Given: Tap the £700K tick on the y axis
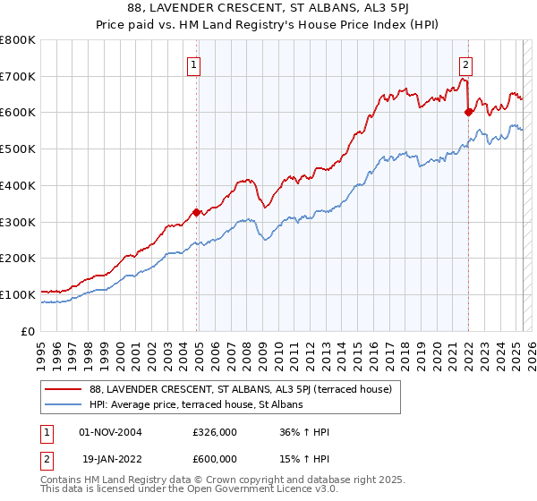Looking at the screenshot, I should (x=19, y=76).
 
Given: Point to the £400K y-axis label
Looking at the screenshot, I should (x=19, y=185).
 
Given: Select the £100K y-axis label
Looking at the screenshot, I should (x=19, y=294).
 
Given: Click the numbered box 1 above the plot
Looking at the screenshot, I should (x=193, y=64).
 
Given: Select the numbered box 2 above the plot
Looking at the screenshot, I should (x=466, y=64).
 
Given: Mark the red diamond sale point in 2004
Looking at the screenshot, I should (x=197, y=212).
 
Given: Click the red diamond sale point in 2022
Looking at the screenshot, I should (x=468, y=112).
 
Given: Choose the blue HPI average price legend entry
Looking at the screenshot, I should (x=197, y=405).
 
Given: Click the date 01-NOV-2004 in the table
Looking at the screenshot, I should (x=111, y=431).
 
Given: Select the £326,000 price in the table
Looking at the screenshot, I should (x=215, y=431).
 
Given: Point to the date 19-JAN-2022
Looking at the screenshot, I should (x=111, y=458).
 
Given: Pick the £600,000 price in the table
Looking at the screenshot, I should (x=215, y=458).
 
